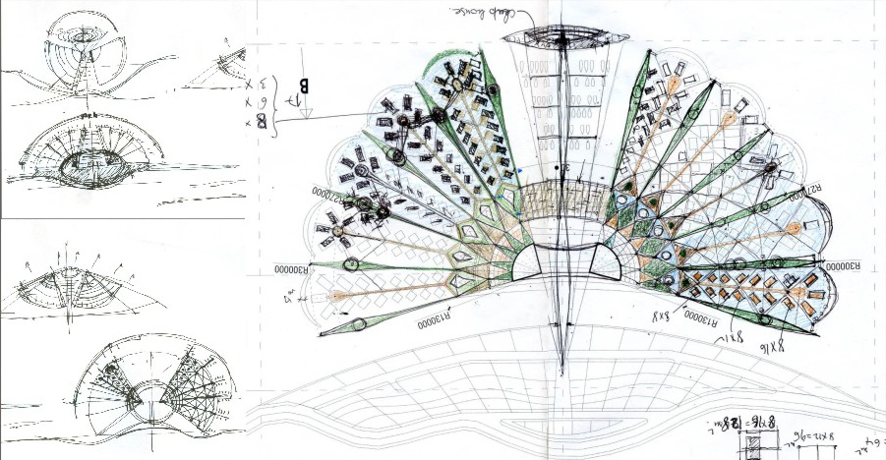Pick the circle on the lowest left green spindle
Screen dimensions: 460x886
click(358, 323)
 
